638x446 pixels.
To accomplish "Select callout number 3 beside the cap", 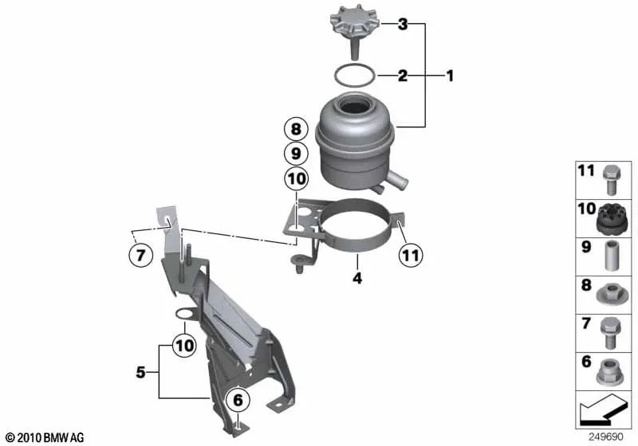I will click(403, 25).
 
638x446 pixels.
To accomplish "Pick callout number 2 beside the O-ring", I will click(403, 76).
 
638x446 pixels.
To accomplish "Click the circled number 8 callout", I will click(296, 128).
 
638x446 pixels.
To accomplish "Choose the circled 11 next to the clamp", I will click(409, 256).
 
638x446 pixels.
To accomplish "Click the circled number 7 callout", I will click(140, 256).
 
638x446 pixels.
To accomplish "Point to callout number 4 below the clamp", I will click(358, 279).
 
